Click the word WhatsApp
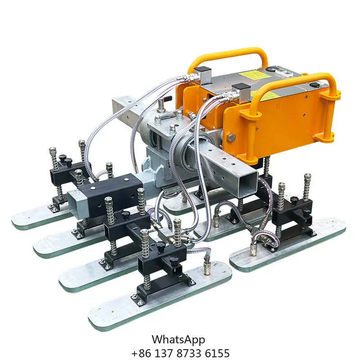(x=178, y=339)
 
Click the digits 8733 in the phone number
(x=187, y=353)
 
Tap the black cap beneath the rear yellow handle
(x=204, y=72)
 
